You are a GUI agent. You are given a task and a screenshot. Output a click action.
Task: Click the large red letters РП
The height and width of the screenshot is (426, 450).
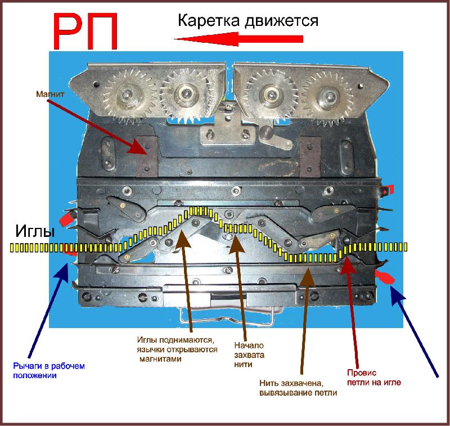(85, 32)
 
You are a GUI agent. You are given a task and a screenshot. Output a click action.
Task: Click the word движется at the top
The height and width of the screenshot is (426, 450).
(281, 21)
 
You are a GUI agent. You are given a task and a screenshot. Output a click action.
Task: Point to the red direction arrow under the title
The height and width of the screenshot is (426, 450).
(238, 39)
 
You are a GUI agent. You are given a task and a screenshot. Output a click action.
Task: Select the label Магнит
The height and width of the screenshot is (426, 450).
(50, 94)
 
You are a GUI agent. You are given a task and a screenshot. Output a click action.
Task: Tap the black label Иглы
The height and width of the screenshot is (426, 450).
(35, 231)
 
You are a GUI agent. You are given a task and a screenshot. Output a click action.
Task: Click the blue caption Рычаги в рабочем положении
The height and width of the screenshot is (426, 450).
(49, 371)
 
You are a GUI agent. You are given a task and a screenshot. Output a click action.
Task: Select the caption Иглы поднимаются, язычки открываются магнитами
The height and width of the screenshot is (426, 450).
(177, 349)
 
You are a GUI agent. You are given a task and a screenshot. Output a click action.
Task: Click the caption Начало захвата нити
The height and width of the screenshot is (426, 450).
(249, 355)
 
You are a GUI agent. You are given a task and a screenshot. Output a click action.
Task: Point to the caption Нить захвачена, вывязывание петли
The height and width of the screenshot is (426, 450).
(298, 388)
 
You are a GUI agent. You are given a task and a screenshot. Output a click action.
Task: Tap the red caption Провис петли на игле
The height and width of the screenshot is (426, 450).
(374, 378)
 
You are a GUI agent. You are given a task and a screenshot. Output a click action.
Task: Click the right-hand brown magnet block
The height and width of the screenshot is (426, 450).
(310, 156)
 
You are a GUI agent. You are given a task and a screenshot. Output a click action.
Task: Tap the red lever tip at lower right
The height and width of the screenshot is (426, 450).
(385, 277)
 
